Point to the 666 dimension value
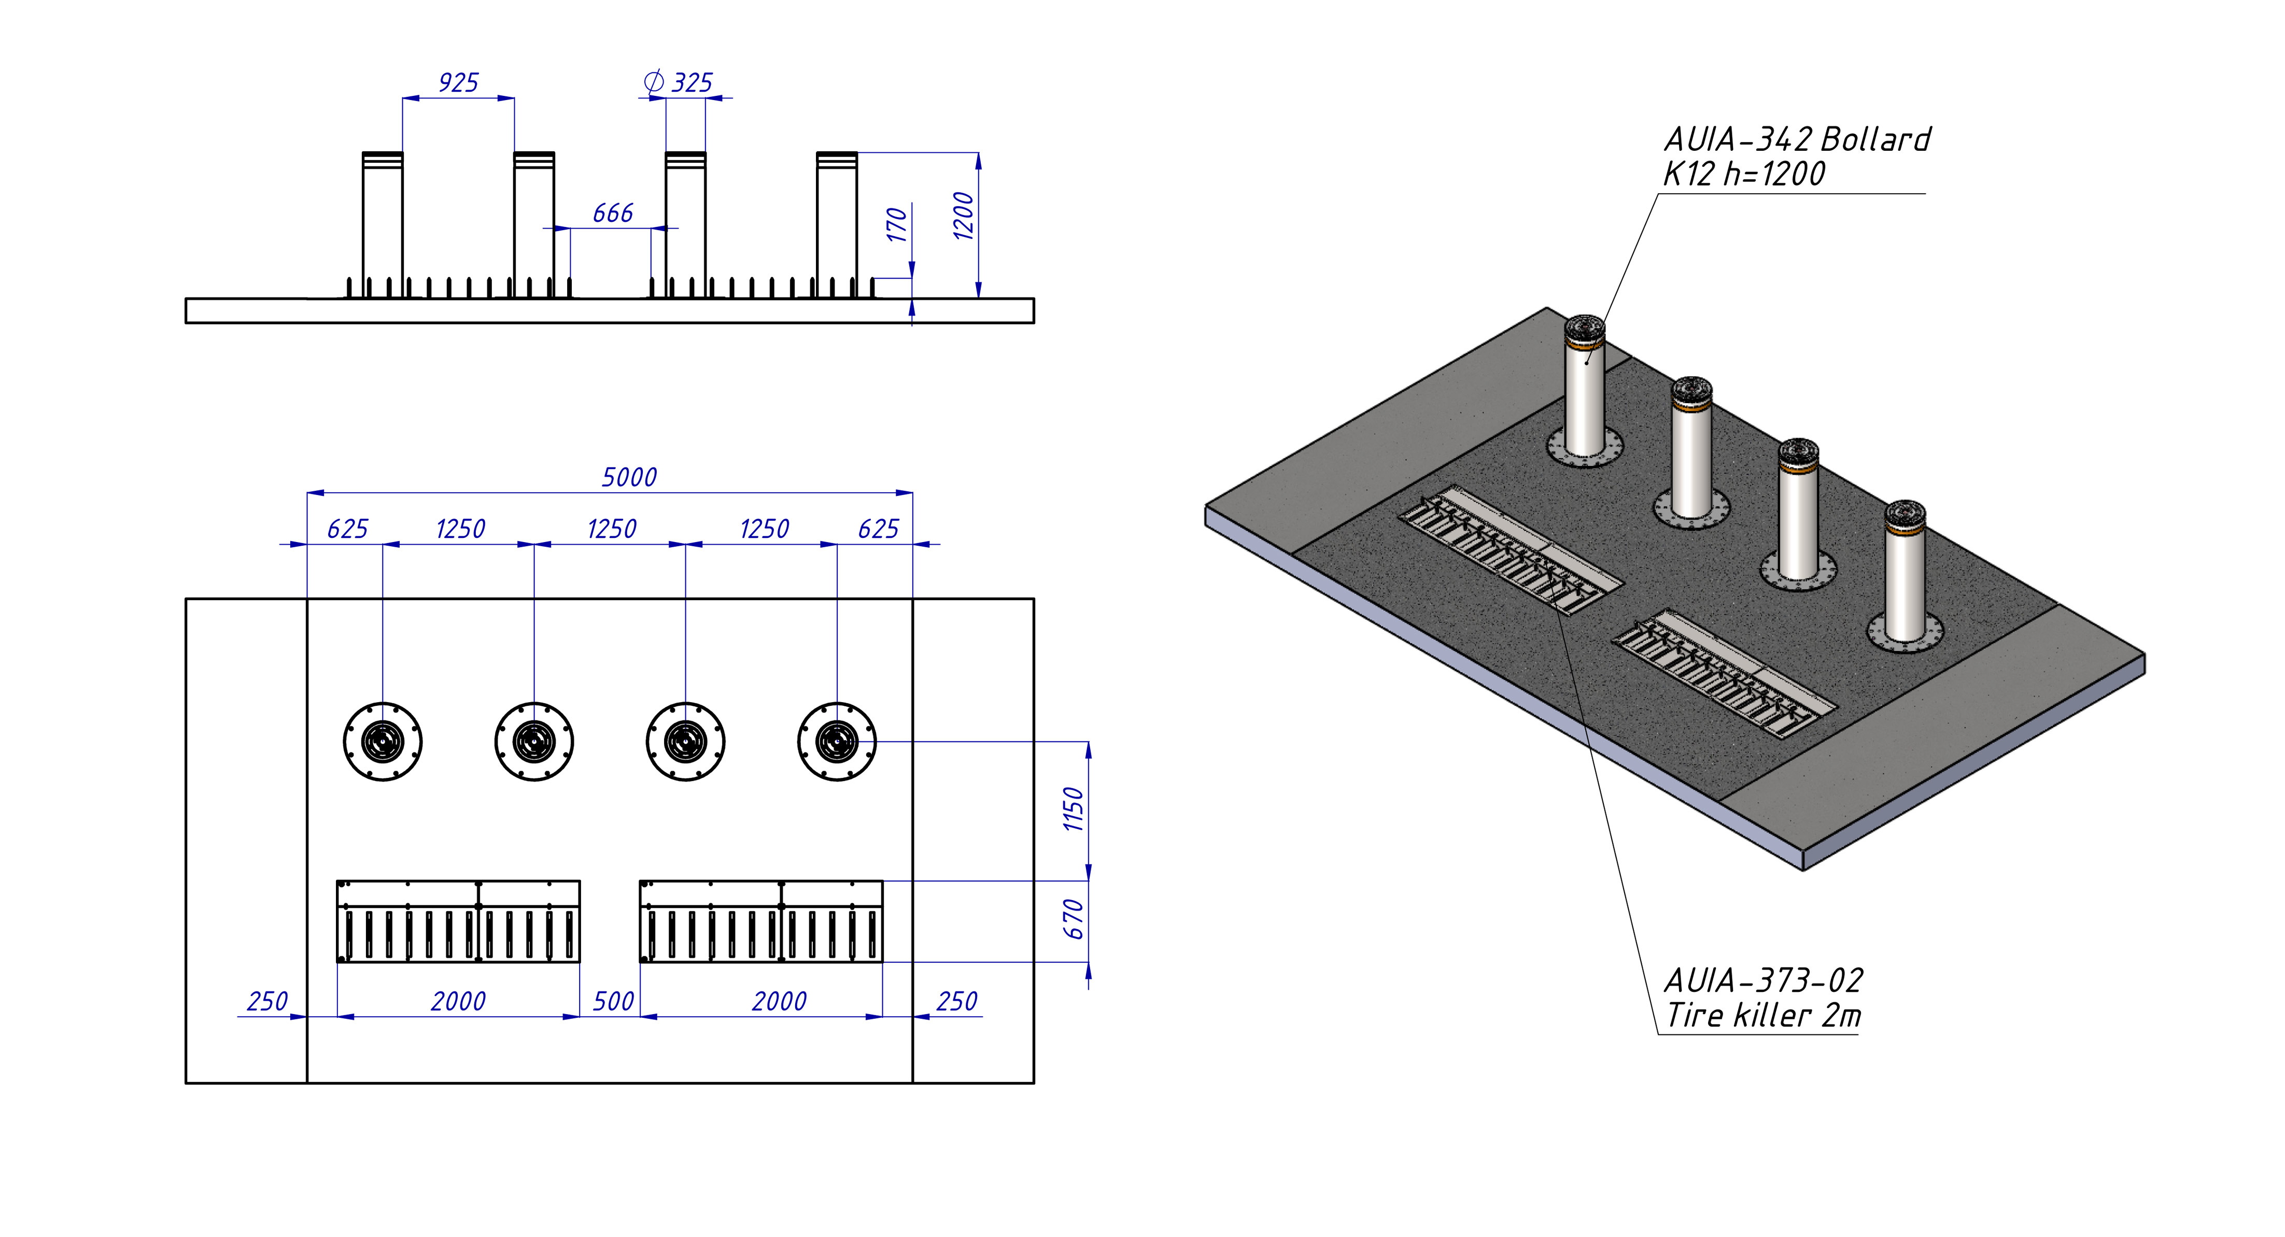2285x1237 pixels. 613,213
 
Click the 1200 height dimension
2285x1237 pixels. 963,216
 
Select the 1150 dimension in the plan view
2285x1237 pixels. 1074,809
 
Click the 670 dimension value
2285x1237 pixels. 1074,919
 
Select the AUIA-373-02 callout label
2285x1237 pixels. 1764,980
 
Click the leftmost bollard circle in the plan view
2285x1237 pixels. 383,741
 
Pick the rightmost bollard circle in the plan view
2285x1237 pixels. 837,741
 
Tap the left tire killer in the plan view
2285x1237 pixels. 459,921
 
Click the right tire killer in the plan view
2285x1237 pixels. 761,921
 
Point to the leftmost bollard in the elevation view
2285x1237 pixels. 383,225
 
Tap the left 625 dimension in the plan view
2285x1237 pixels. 347,530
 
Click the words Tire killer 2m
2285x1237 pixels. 1764,1015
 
